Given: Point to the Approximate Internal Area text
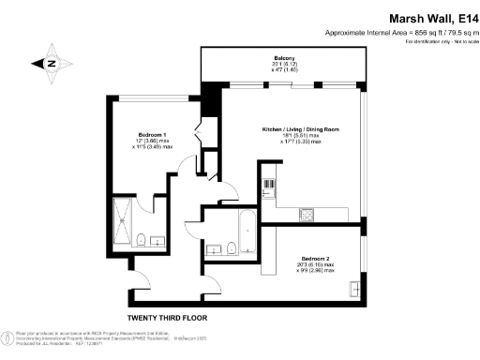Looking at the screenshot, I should [401, 33].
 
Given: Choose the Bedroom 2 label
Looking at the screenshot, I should [315, 258].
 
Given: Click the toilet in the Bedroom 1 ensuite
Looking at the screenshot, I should [140, 240].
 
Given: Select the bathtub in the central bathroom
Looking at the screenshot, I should [247, 232].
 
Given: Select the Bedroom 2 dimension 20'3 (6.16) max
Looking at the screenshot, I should [315, 264].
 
